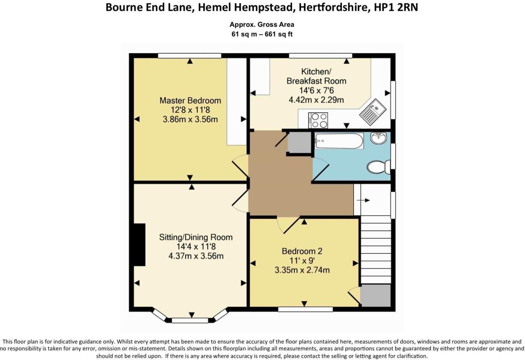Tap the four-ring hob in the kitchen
318,120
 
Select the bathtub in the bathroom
339,141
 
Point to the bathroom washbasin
378,138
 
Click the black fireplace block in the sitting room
139,245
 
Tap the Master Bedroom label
190,100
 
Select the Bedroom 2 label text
302,251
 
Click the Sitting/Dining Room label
196,237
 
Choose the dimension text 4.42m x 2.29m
316,100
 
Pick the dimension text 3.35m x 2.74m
302,270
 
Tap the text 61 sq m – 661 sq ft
262,34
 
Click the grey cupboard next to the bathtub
299,142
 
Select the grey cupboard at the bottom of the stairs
375,295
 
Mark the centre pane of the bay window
190,320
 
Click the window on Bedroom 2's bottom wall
305,309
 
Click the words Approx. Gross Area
262,24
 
